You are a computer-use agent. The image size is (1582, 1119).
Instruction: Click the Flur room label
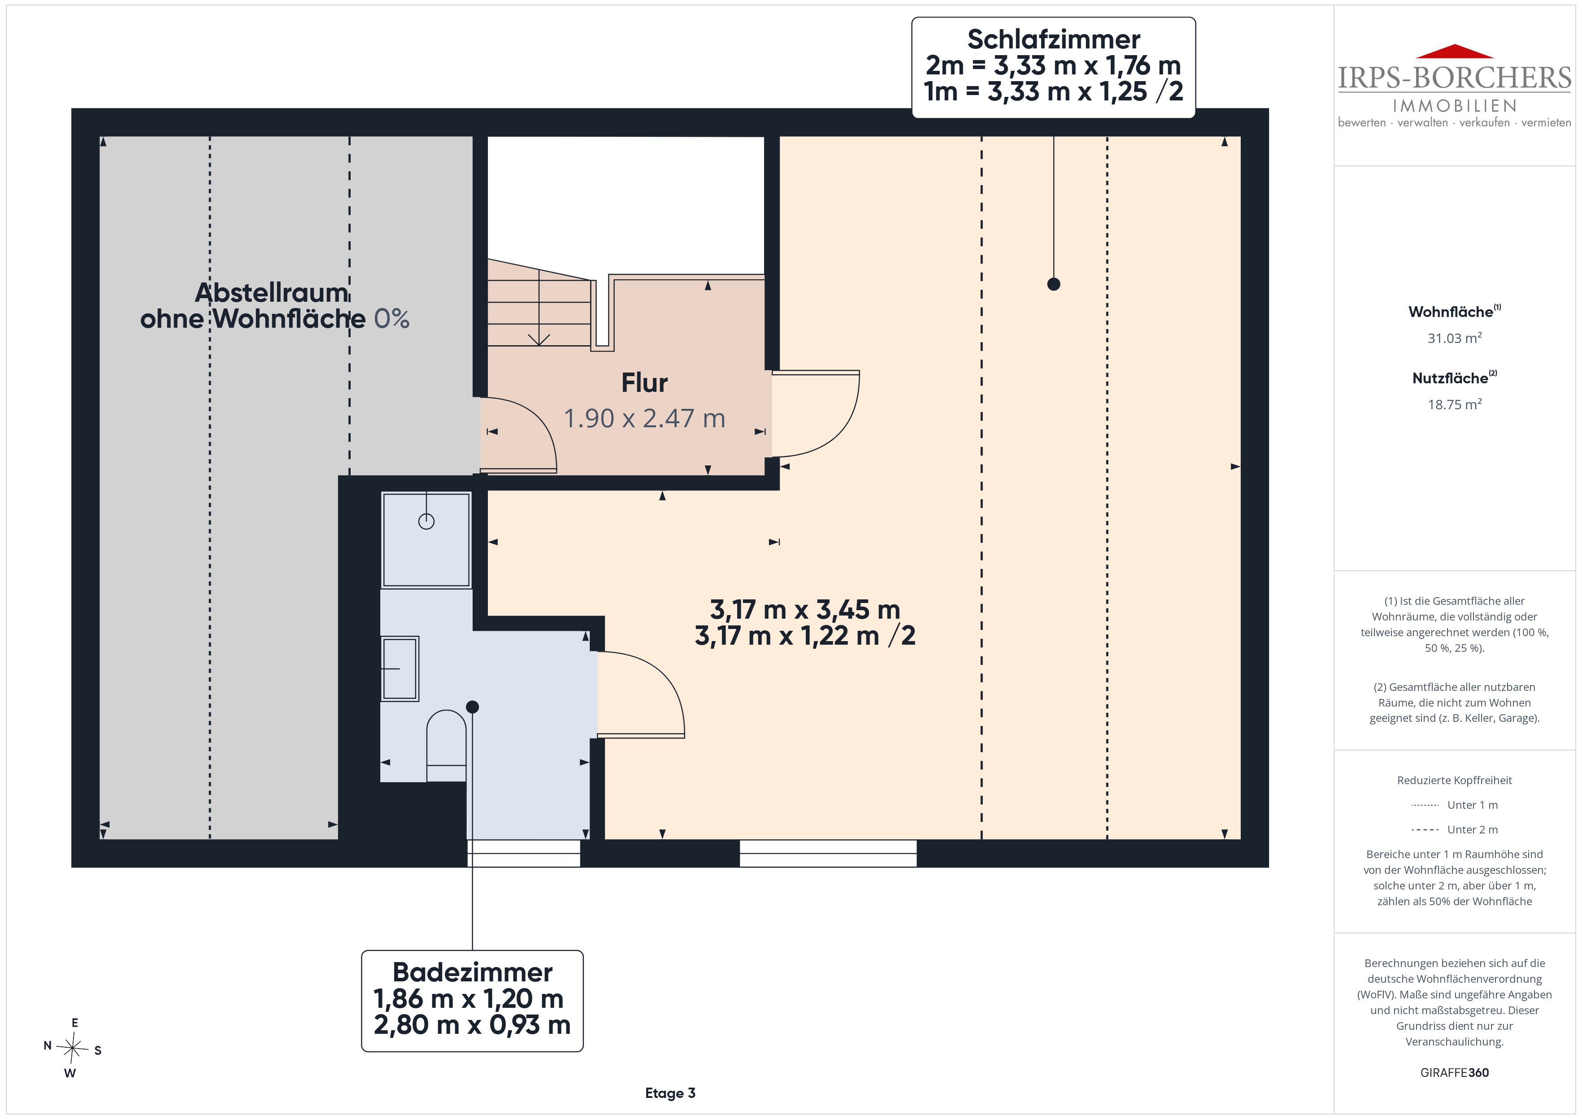[644, 383]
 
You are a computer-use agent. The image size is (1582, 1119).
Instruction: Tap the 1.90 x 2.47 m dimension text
[644, 418]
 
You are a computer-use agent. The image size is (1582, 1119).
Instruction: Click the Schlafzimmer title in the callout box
[1053, 39]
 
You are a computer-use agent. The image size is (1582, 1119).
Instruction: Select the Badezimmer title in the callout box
[472, 972]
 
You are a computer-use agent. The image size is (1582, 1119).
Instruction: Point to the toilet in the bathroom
[447, 746]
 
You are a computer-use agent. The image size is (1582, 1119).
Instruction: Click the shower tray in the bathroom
[426, 539]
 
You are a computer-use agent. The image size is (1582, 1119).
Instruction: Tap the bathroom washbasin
[400, 668]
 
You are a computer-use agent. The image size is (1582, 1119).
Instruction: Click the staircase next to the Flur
[539, 303]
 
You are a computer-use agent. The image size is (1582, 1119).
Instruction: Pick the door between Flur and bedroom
[816, 413]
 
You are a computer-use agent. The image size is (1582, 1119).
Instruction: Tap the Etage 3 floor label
[670, 1093]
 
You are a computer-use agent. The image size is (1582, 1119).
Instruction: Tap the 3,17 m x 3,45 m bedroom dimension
[805, 610]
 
